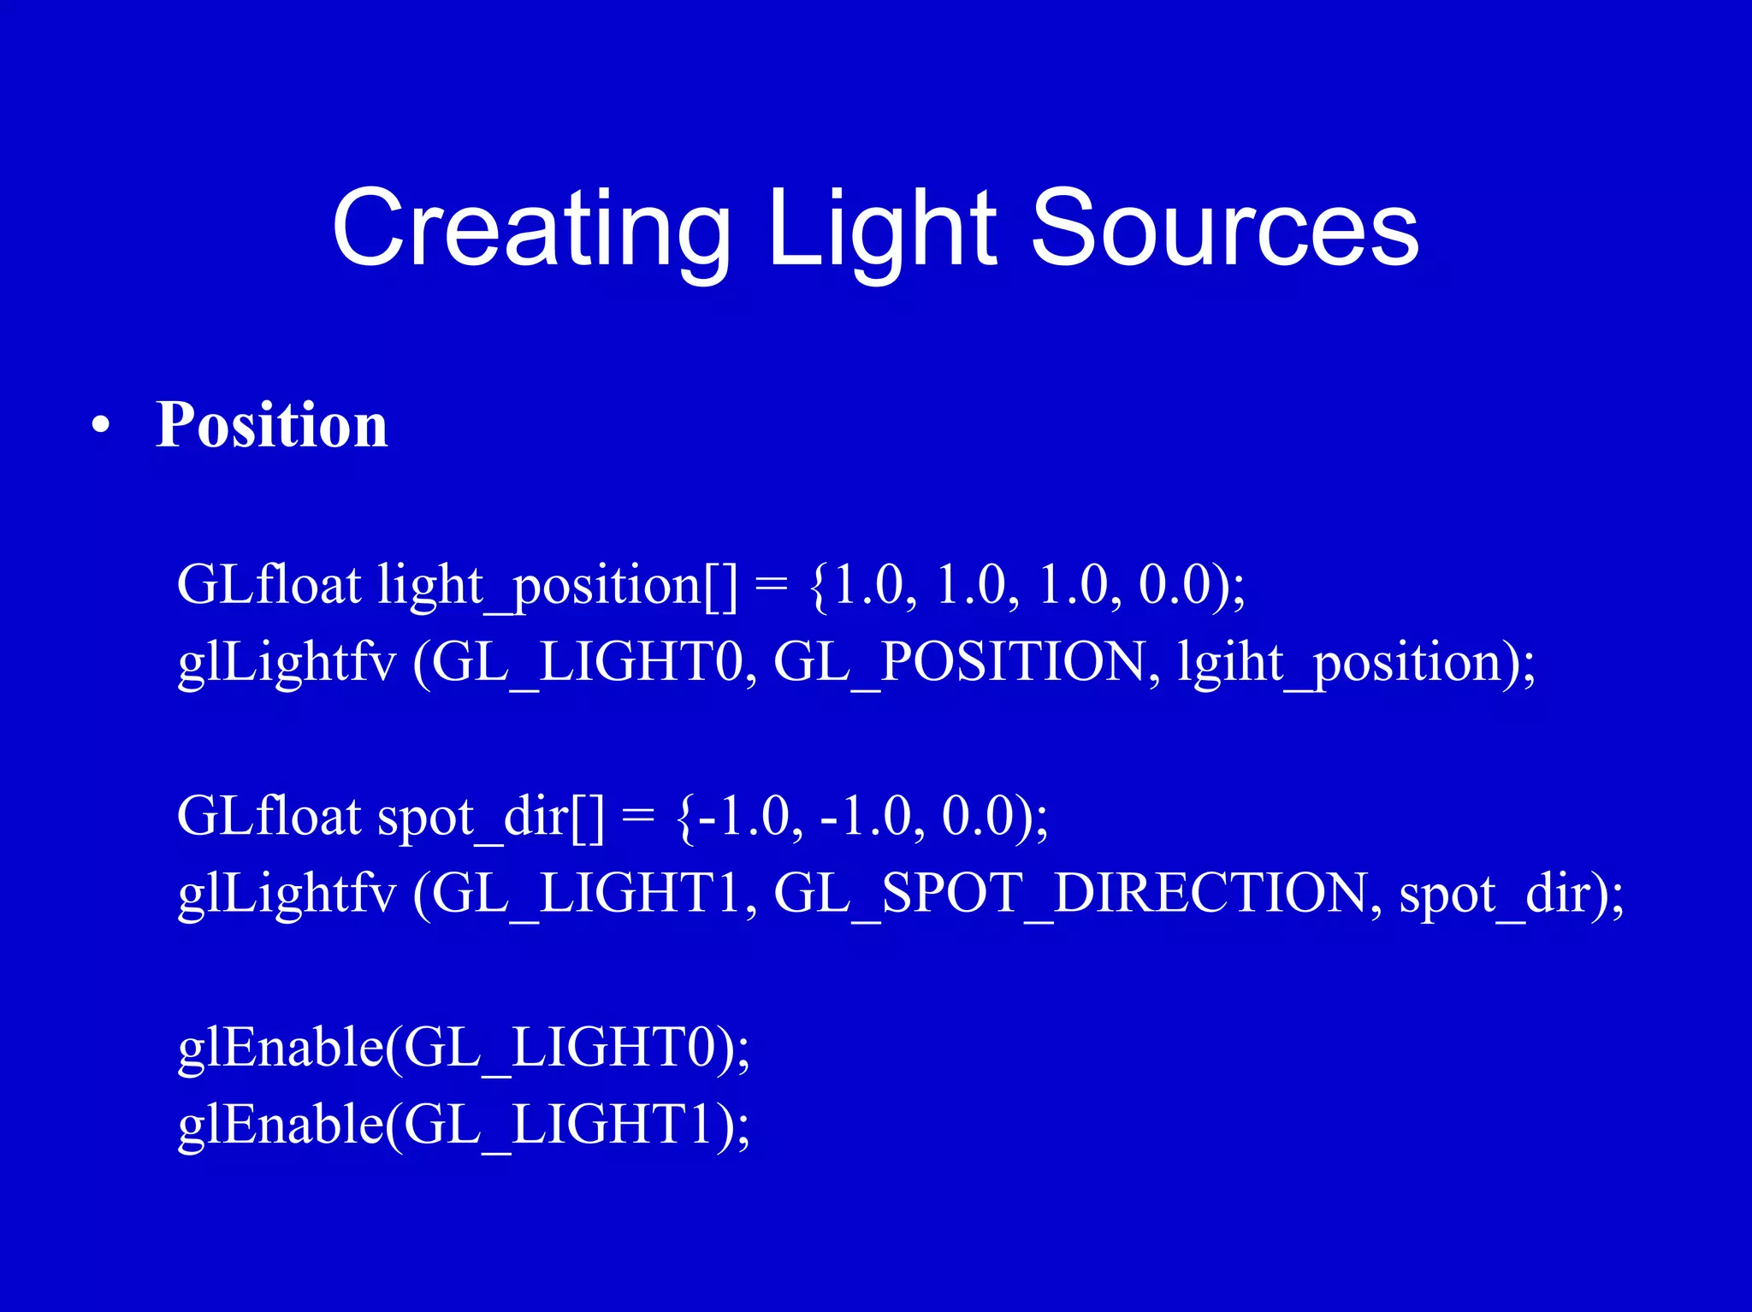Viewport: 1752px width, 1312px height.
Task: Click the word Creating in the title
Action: (x=530, y=229)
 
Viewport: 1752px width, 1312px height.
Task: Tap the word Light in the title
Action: (x=881, y=229)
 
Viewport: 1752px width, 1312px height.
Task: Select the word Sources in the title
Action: (x=1225, y=229)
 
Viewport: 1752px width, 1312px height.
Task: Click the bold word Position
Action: (x=271, y=424)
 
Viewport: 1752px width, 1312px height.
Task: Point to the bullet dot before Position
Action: (x=101, y=426)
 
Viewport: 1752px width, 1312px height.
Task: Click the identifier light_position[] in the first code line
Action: (x=556, y=587)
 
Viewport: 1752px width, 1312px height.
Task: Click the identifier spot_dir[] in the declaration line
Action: (x=490, y=817)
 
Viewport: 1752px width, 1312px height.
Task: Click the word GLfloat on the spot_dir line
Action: (x=269, y=817)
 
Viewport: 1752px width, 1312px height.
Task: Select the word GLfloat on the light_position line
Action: (x=269, y=587)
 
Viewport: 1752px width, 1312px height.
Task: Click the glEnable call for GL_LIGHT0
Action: (x=462, y=1048)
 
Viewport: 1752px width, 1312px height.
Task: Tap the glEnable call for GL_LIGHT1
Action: (x=462, y=1125)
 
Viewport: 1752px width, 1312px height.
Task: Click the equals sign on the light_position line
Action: (x=771, y=587)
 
